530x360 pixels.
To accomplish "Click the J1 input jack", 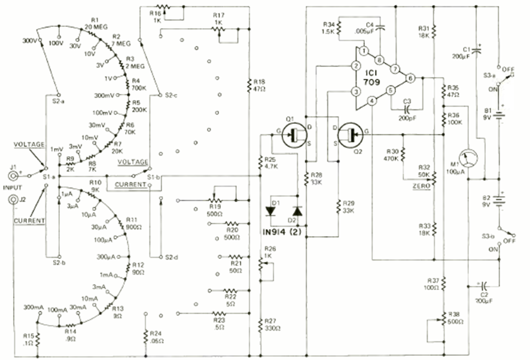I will pos(13,176).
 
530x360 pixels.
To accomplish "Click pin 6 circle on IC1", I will pos(410,78).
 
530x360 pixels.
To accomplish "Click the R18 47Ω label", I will pos(260,84).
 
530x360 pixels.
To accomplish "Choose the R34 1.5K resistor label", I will pos(327,27).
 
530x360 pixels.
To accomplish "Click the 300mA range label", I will pos(34,307).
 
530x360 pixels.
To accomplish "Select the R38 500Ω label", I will pos(455,316).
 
